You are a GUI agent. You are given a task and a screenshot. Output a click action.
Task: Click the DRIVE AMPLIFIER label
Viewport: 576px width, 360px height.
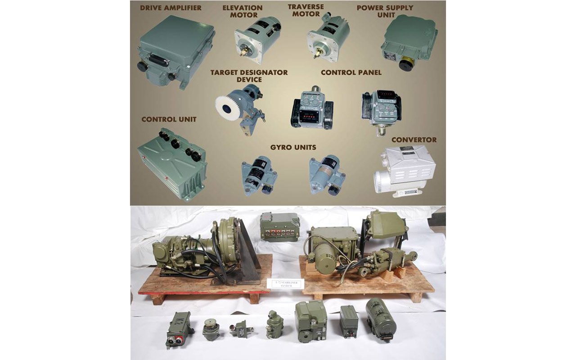[171, 8]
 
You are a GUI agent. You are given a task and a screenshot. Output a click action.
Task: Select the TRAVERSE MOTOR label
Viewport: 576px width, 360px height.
[306, 10]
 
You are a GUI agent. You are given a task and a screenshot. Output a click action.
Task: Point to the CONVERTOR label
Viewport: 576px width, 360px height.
[414, 139]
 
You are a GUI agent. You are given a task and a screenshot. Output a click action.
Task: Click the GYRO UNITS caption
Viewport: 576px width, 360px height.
[293, 147]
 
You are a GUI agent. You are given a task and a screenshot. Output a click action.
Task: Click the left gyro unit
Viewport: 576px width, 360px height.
[256, 175]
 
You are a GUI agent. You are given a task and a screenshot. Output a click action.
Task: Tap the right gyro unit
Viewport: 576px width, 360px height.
[327, 174]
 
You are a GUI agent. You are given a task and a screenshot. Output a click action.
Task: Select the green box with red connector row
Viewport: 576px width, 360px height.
[280, 227]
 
